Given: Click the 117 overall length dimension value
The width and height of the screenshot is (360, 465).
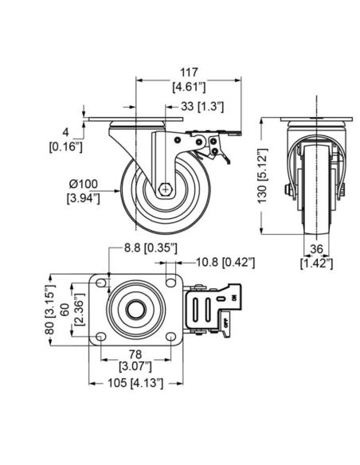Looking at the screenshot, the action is coord(189,72).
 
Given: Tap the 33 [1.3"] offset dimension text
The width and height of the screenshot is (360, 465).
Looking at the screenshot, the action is coord(202,106).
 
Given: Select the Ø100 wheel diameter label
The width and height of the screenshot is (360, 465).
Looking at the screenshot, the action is coord(84,184).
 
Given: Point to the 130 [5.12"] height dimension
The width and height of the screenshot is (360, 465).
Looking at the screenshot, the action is coord(263,175).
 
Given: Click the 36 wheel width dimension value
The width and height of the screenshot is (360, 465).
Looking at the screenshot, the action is coord(316,249).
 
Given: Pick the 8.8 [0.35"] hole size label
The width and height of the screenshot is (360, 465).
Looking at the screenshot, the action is coord(151,248).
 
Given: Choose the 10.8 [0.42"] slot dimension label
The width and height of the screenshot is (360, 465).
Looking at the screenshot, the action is coord(225,262).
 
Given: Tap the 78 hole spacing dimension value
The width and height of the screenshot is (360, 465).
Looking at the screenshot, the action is coord(135,354).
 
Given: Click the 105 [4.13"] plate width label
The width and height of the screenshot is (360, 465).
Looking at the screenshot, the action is coord(135,383).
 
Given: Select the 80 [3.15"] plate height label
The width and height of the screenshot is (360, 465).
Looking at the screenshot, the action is coord(51,310).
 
